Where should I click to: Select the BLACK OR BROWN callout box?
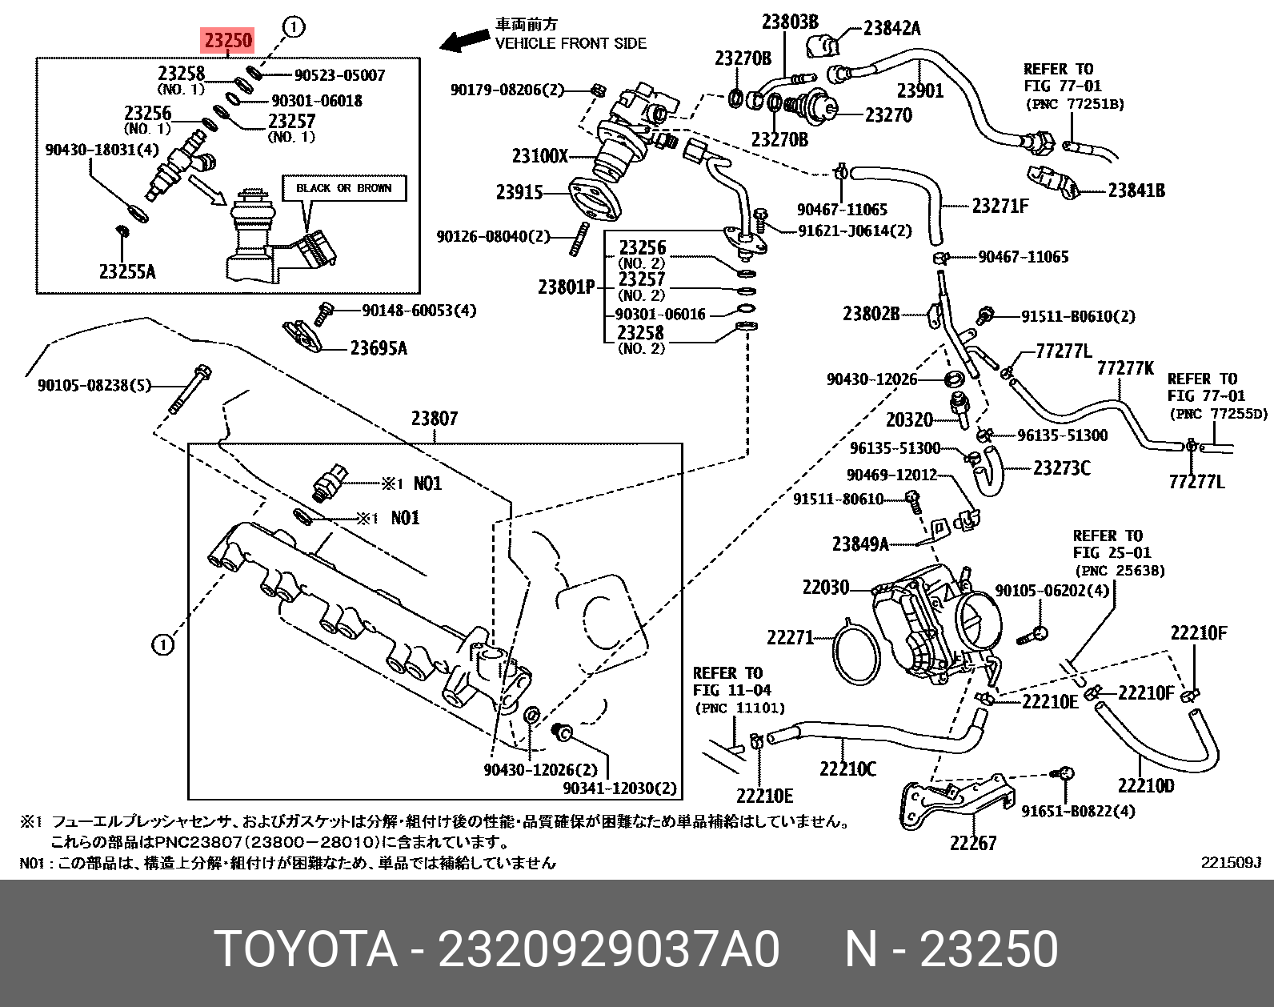point(343,188)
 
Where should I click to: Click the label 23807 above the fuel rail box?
point(435,418)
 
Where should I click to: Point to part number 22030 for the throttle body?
point(825,588)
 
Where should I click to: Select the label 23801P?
point(567,286)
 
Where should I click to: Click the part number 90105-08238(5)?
point(94,386)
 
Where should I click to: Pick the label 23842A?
point(891,29)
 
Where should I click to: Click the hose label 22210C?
point(847,768)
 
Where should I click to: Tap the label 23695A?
point(379,347)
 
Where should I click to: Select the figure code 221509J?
point(1230,863)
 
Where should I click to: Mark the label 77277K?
point(1124,367)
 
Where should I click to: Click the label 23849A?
point(860,544)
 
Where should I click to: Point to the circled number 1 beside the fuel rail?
point(162,644)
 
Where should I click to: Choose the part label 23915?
point(519,192)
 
